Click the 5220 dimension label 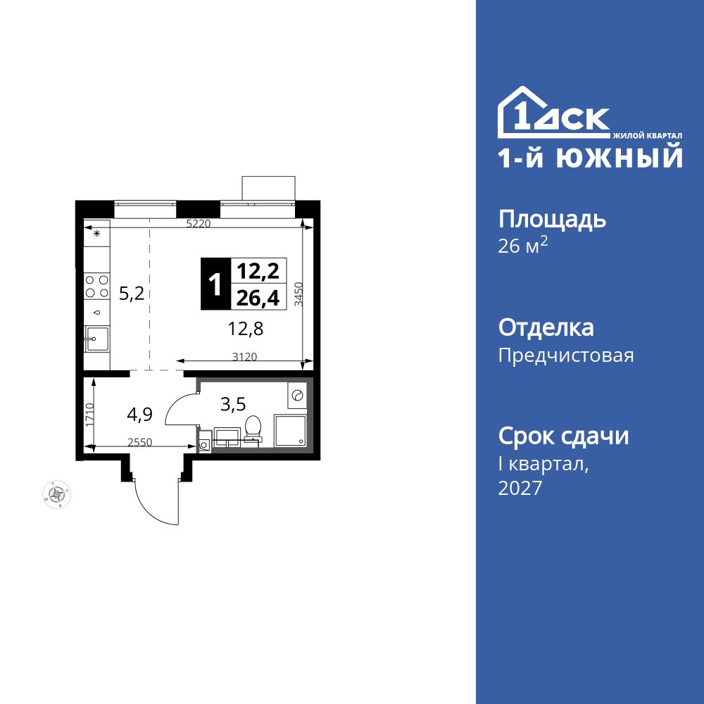tap(199, 225)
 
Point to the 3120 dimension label tap(244, 357)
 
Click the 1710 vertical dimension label tap(90, 415)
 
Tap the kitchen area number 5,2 tap(131, 294)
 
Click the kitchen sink tap(96, 339)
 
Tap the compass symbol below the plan tap(56, 494)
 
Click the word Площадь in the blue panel tap(552, 220)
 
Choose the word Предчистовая tap(566, 356)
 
